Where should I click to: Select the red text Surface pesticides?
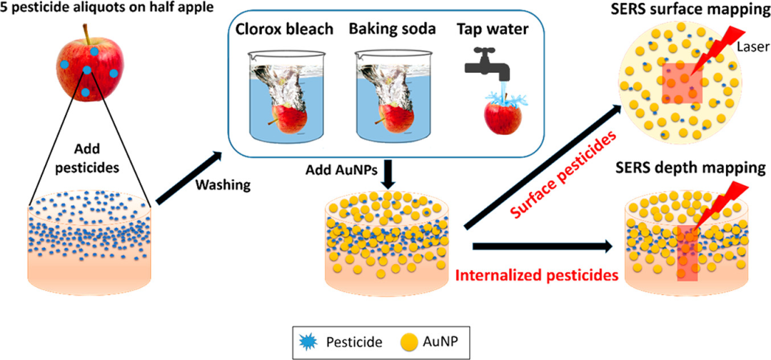coord(563,176)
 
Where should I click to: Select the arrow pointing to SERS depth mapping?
coord(541,246)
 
